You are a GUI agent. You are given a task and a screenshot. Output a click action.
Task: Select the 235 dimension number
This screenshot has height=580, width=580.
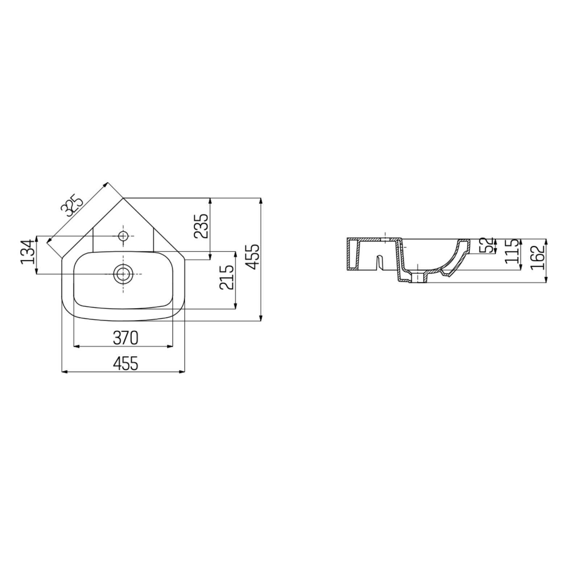pos(202,225)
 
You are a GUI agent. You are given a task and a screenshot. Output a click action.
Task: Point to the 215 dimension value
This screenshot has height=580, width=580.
pos(227,277)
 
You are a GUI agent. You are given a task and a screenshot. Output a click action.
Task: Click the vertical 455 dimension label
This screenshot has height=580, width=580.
pos(252,257)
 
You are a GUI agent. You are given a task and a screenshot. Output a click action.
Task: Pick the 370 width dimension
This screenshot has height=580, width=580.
pos(125,338)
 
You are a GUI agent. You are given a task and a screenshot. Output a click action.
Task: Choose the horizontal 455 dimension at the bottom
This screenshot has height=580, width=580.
pos(125,364)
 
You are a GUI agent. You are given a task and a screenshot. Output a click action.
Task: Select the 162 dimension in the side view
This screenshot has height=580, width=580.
pos(538,257)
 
